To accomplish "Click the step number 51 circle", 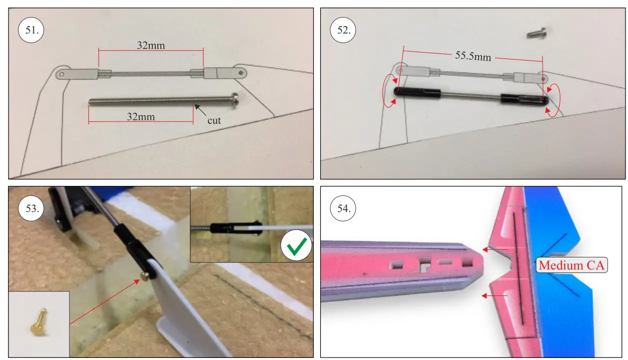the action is [x=31, y=30].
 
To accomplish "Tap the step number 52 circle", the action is [x=343, y=30].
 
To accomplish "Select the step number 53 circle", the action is [x=31, y=208].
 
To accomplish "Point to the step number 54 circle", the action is [x=343, y=208].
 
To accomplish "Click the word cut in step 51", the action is [x=214, y=120].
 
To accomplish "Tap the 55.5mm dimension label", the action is [x=473, y=56].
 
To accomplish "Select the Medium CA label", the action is [x=572, y=265].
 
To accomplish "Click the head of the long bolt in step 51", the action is [x=235, y=100].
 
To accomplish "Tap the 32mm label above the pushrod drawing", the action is [x=151, y=45].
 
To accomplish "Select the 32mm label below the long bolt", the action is [x=141, y=116].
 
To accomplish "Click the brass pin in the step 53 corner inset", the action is [x=38, y=321].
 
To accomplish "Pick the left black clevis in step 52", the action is [x=417, y=92].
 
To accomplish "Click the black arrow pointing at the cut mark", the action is [x=200, y=110].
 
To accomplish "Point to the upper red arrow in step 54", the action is [x=495, y=249].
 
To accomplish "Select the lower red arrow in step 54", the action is [x=495, y=295].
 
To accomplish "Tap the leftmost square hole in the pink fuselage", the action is [x=396, y=264].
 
